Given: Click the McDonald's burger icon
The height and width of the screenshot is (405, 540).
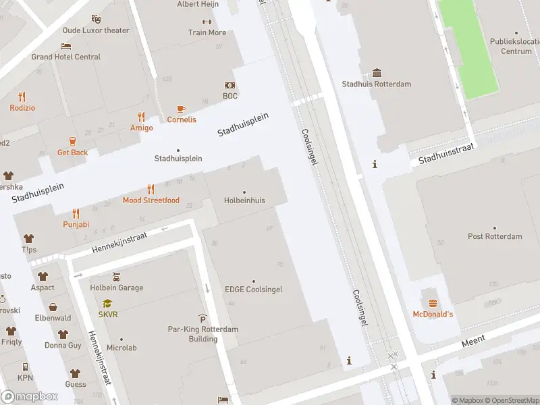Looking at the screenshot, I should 432,302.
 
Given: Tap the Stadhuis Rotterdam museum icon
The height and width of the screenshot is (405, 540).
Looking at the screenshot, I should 377,73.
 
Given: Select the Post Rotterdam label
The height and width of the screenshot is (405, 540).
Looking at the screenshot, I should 495,236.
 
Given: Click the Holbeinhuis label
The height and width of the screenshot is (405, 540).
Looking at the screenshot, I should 244,200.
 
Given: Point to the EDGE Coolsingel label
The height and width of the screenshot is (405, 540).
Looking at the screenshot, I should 253,290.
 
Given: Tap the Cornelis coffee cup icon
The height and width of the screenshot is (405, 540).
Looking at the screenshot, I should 181,109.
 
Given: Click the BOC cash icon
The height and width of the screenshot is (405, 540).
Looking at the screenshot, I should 230,86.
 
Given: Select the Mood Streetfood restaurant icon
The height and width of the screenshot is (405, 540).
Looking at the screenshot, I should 151,190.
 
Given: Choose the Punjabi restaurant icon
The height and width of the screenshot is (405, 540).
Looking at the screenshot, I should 76,213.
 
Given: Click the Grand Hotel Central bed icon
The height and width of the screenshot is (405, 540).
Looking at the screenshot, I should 65,46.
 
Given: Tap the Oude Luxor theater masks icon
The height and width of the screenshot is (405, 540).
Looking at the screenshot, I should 96,20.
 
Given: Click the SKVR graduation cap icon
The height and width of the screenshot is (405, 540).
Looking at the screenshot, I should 107,304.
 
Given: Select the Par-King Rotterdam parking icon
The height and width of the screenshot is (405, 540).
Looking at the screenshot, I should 202,319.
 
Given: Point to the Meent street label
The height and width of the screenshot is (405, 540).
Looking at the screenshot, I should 473,343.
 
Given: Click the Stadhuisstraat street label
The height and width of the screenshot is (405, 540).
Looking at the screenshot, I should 446,155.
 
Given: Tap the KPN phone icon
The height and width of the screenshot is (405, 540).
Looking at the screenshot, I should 25,367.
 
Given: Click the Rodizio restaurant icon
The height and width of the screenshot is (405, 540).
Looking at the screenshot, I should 22,97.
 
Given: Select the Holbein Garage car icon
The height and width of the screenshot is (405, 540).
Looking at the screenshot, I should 116,277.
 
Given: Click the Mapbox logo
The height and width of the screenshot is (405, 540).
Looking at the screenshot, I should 30,397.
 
